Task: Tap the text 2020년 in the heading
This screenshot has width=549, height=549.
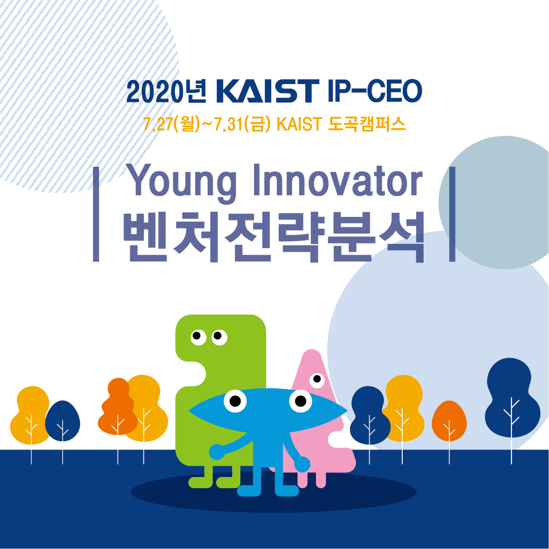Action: pos(166,91)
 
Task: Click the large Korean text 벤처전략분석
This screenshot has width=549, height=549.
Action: pos(274,236)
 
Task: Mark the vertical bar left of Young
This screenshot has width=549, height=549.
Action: pos(96,214)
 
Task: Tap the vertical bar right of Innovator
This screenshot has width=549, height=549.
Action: pos(452,214)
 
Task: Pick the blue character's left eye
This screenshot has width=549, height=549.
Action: pos(235,400)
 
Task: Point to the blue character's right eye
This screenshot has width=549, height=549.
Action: pos(301,400)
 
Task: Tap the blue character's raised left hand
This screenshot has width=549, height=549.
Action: pos(216,451)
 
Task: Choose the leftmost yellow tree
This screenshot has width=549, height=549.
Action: pos(31,415)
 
